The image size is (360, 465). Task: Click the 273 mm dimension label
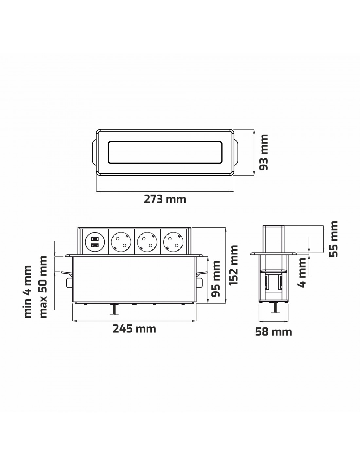coord(165,199)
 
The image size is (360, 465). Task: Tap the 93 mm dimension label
coord(264,152)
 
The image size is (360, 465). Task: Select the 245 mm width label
coord(134,329)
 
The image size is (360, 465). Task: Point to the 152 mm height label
coord(233,265)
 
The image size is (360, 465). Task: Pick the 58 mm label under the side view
coord(273,332)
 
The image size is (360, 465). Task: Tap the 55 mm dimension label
coord(333,239)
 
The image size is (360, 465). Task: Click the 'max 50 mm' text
coord(43,287)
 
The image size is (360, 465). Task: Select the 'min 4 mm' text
coord(28,292)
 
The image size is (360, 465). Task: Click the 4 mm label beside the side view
coord(302,272)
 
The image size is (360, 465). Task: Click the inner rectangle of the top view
coord(165,152)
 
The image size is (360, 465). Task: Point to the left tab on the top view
coord(94,152)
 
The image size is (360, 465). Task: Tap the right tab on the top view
coord(236,152)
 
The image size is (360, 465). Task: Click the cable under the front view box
coord(114,309)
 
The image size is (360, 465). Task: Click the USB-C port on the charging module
coord(95,238)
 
